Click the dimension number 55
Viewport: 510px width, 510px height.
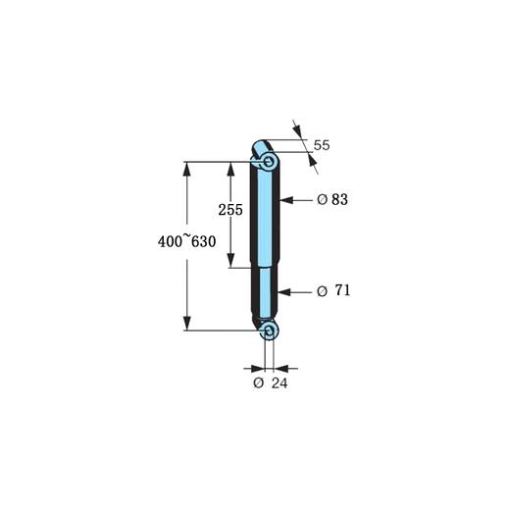(x=321, y=145)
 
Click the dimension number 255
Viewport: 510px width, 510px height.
(x=230, y=210)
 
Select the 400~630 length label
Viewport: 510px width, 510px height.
(x=185, y=242)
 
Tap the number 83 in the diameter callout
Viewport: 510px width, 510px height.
(x=340, y=199)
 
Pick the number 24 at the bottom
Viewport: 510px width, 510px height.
(x=280, y=382)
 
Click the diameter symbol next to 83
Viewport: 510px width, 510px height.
(x=323, y=199)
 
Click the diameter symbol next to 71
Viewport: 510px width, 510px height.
(x=322, y=291)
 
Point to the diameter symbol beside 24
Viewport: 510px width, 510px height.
(x=258, y=382)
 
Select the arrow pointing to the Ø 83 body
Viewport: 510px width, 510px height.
(x=287, y=199)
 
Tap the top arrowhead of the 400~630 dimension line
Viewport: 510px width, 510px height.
(x=186, y=165)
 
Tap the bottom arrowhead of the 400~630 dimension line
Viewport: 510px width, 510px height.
(x=186, y=326)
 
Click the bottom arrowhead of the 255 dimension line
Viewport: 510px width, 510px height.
(x=230, y=262)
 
